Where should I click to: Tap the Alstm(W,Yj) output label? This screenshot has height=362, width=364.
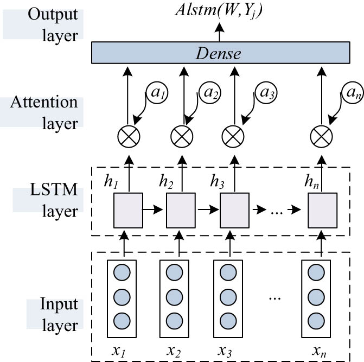[x=220, y=11]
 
